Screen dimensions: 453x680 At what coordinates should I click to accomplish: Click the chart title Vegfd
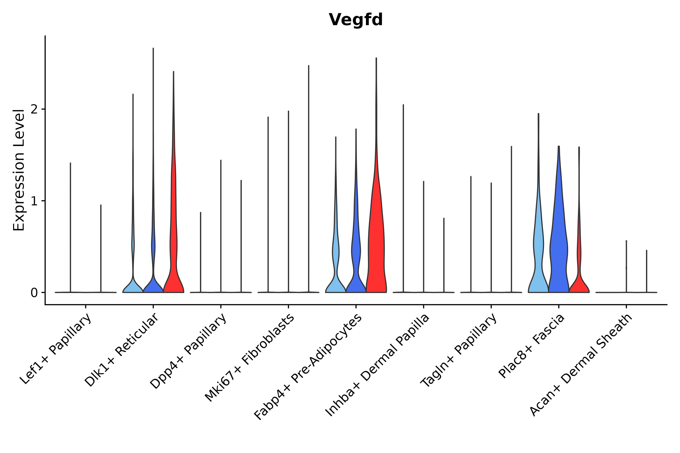356,20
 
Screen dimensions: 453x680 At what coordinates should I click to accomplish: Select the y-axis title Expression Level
19,170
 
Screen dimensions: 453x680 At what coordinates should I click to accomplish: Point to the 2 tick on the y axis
35,109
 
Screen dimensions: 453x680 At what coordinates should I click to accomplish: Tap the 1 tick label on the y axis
35,201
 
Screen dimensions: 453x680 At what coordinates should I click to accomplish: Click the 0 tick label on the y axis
35,293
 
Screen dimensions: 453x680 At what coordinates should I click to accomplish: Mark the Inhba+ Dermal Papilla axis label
377,365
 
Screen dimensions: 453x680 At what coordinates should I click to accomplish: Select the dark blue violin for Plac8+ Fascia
559,246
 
